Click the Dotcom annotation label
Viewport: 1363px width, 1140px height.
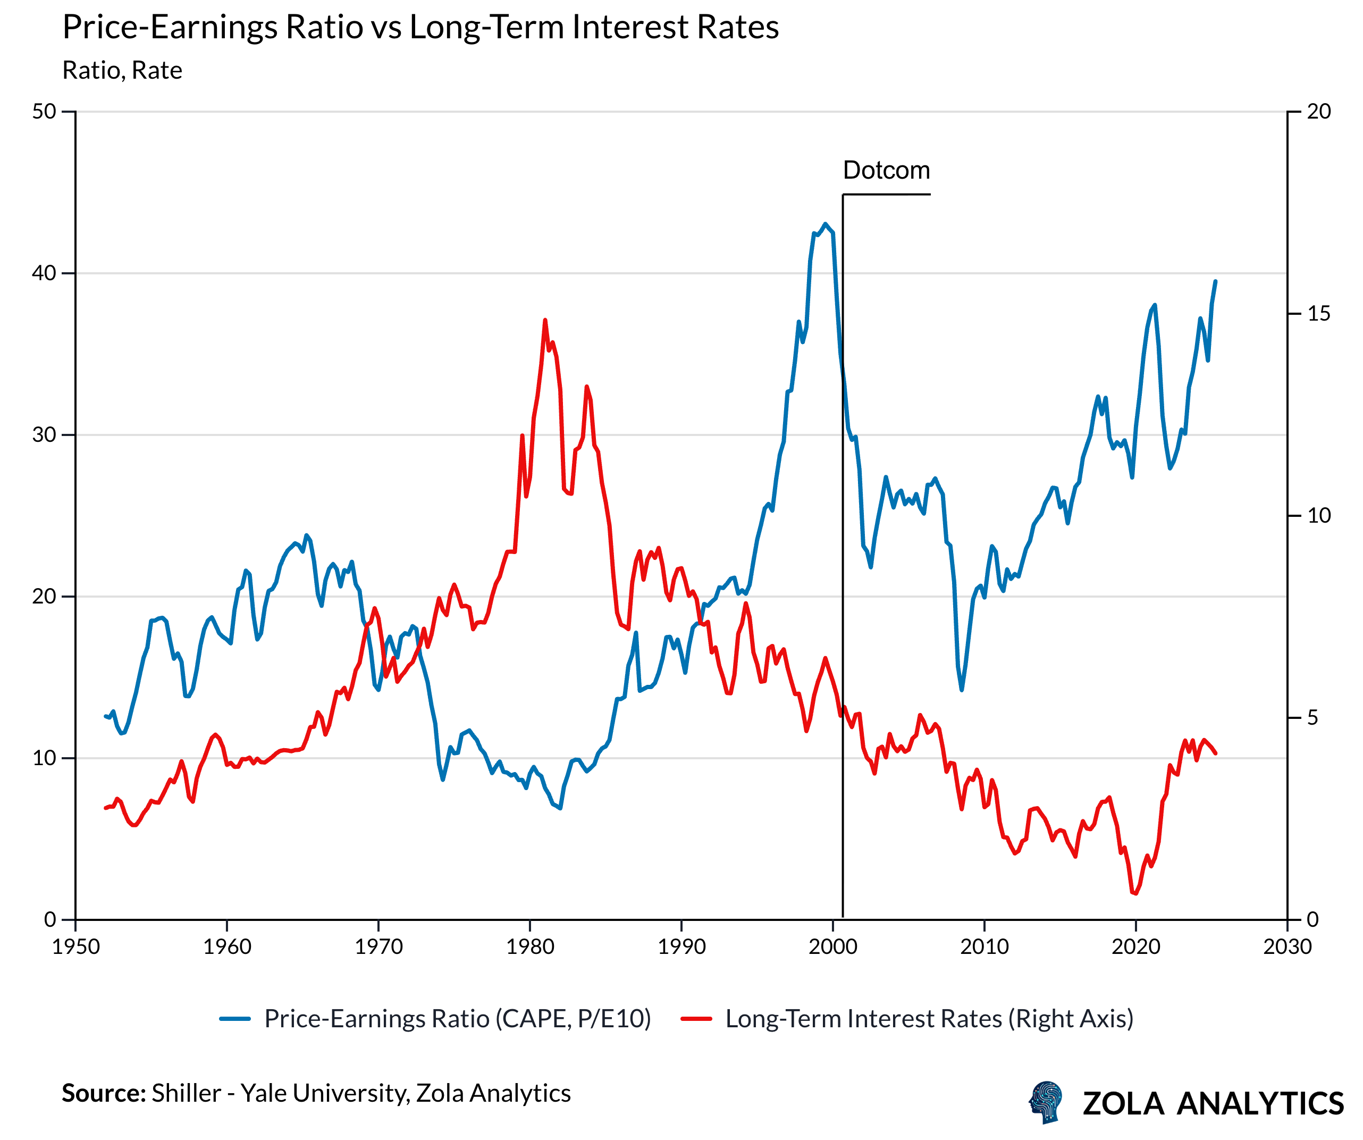886,170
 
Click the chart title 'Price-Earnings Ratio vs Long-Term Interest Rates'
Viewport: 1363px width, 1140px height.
420,27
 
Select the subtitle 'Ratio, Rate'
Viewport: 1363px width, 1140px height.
122,70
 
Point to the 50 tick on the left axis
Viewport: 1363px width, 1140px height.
44,112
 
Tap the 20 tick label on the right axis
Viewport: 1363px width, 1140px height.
1318,112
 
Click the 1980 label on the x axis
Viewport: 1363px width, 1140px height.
529,946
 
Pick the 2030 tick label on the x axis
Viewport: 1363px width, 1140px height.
1287,946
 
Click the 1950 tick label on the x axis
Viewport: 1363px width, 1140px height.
76,946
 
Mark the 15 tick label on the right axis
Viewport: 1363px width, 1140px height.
1318,314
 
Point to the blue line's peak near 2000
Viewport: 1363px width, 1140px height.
826,224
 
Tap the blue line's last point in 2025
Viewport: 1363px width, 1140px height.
1215,282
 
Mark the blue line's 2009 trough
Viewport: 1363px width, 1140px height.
961,690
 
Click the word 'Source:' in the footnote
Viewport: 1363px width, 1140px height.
103,1093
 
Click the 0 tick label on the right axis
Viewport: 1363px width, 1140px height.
1312,919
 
